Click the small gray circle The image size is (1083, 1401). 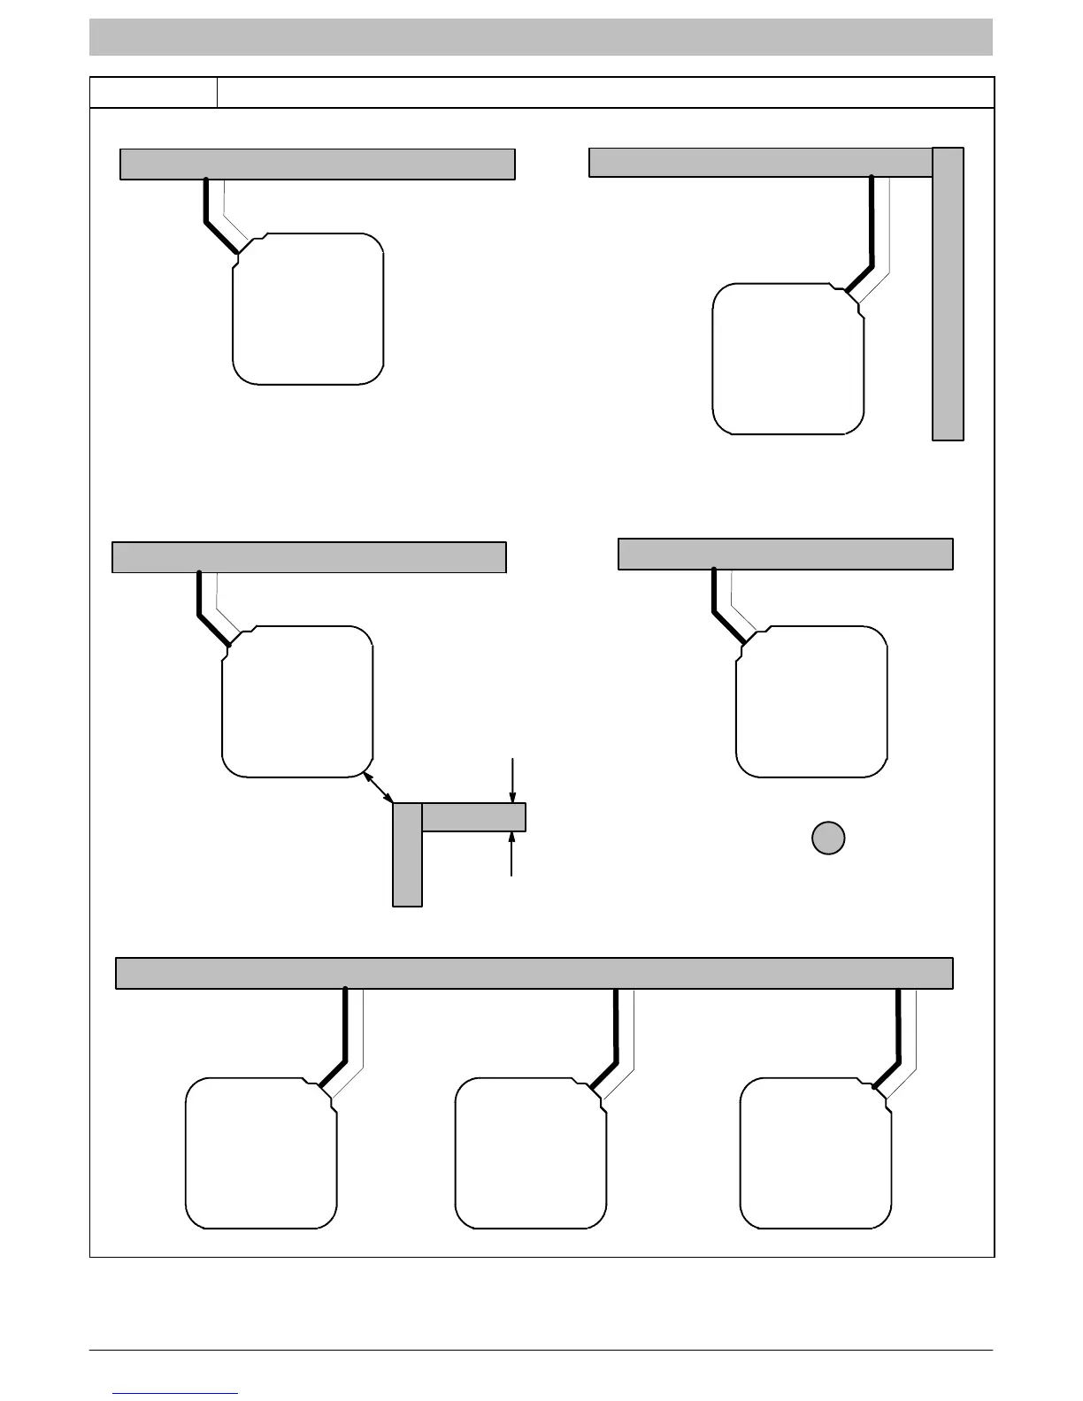pos(828,838)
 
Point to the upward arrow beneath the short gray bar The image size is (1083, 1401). pos(512,854)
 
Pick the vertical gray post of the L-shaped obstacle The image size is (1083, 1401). pos(407,854)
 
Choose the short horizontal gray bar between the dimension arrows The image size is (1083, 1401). pos(473,817)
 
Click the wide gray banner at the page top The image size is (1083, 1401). pos(541,37)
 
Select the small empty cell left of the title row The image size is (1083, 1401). pos(154,93)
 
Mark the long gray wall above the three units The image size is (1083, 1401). pos(534,973)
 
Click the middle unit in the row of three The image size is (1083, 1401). pos(531,1153)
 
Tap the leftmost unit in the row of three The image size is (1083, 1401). pos(261,1153)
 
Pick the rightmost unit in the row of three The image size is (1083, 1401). pos(816,1153)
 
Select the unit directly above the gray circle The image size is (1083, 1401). pos(811,701)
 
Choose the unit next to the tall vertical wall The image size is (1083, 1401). pos(788,359)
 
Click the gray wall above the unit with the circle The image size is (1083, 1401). pos(785,554)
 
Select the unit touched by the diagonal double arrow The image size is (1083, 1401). pos(296,701)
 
